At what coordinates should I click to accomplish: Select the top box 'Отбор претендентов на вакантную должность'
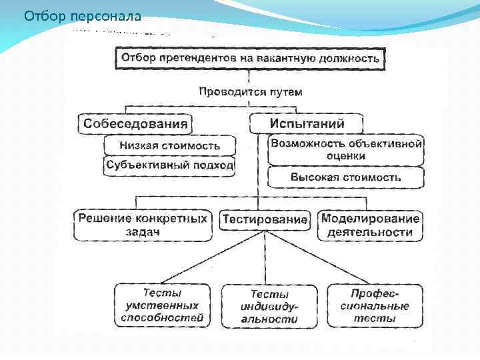coord(251,58)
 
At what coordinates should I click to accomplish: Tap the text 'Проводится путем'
coord(250,92)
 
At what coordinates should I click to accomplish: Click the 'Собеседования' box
coord(135,124)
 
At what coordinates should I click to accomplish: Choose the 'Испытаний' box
coord(307,124)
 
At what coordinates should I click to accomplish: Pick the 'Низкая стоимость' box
coord(169,145)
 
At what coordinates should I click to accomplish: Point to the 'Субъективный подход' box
coord(169,165)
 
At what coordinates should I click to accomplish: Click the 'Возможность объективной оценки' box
coord(346,150)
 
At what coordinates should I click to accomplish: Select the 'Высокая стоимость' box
coord(346,177)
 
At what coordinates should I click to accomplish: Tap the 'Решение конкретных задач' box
coord(143,225)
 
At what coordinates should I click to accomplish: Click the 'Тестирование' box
coord(265,219)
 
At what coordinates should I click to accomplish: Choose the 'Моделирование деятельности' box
coord(370,225)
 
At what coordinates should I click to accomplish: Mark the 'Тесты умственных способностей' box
coord(162,306)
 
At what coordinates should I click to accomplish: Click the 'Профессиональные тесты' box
coord(375,306)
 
